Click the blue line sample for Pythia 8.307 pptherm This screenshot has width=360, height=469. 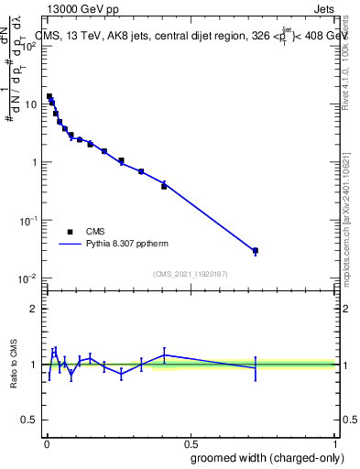70,245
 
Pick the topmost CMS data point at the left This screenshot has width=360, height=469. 49,96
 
